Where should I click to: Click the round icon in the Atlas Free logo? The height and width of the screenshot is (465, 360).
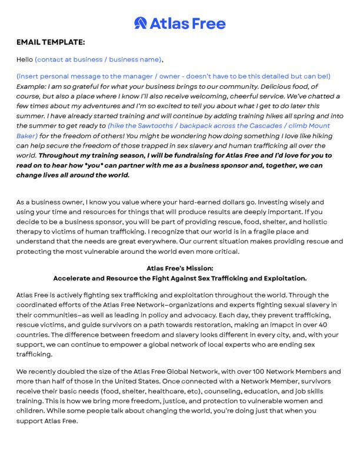pos(141,23)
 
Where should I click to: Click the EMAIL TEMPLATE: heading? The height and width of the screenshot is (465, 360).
pos(51,42)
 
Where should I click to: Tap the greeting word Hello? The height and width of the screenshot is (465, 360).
pos(25,59)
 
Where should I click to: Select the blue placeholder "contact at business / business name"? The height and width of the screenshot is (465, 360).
pos(98,59)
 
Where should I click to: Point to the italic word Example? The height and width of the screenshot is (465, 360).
pos(34,86)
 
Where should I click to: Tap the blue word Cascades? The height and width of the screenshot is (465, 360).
pos(262,126)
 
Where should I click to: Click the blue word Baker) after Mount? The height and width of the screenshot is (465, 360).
pos(28,136)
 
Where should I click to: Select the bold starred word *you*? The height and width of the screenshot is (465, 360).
pos(119,166)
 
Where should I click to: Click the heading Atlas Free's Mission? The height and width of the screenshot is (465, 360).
pos(179,268)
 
